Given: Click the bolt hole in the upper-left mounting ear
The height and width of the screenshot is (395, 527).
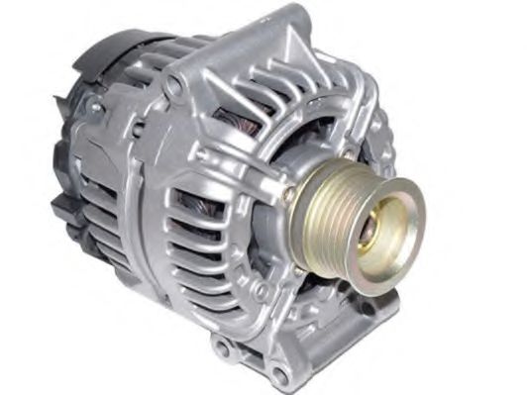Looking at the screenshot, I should [x=173, y=86].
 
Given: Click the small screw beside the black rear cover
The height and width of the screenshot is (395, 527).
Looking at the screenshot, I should [x=95, y=106].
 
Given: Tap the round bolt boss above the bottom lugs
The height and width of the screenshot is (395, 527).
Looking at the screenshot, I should [x=261, y=291].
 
